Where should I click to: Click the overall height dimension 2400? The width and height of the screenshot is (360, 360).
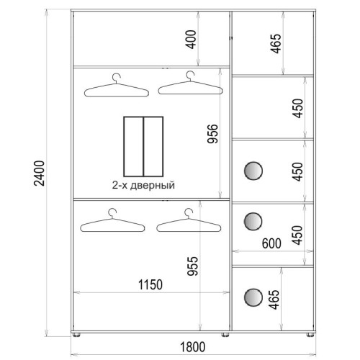[40, 174]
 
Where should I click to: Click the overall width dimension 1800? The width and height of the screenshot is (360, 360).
[192, 347]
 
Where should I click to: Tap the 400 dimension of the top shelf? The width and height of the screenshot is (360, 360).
[192, 40]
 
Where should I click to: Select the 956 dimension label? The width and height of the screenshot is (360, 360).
[212, 134]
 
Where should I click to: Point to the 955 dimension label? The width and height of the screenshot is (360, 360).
[193, 266]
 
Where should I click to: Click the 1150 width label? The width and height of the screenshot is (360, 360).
[150, 285]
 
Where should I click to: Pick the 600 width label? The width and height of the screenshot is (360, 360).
[271, 243]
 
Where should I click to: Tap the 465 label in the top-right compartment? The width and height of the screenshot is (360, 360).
[276, 44]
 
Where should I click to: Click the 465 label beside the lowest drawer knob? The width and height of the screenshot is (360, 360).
[274, 300]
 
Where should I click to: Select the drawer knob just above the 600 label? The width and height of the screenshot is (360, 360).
[253, 221]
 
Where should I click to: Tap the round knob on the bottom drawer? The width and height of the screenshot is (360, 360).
[253, 297]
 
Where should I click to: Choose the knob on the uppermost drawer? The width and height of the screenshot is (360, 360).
[253, 171]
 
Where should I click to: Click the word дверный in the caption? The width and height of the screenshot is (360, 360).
[153, 186]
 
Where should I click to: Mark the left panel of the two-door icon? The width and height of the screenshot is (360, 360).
[134, 146]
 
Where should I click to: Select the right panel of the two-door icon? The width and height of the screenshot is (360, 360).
[153, 146]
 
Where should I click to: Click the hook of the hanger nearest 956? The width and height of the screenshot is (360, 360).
[190, 76]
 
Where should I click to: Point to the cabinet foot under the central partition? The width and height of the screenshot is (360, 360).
[225, 335]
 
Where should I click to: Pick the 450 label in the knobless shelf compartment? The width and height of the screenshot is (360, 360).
[297, 108]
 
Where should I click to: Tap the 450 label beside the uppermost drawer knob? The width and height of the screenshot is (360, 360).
[297, 171]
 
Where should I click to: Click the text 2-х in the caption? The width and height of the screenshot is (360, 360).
[120, 185]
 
